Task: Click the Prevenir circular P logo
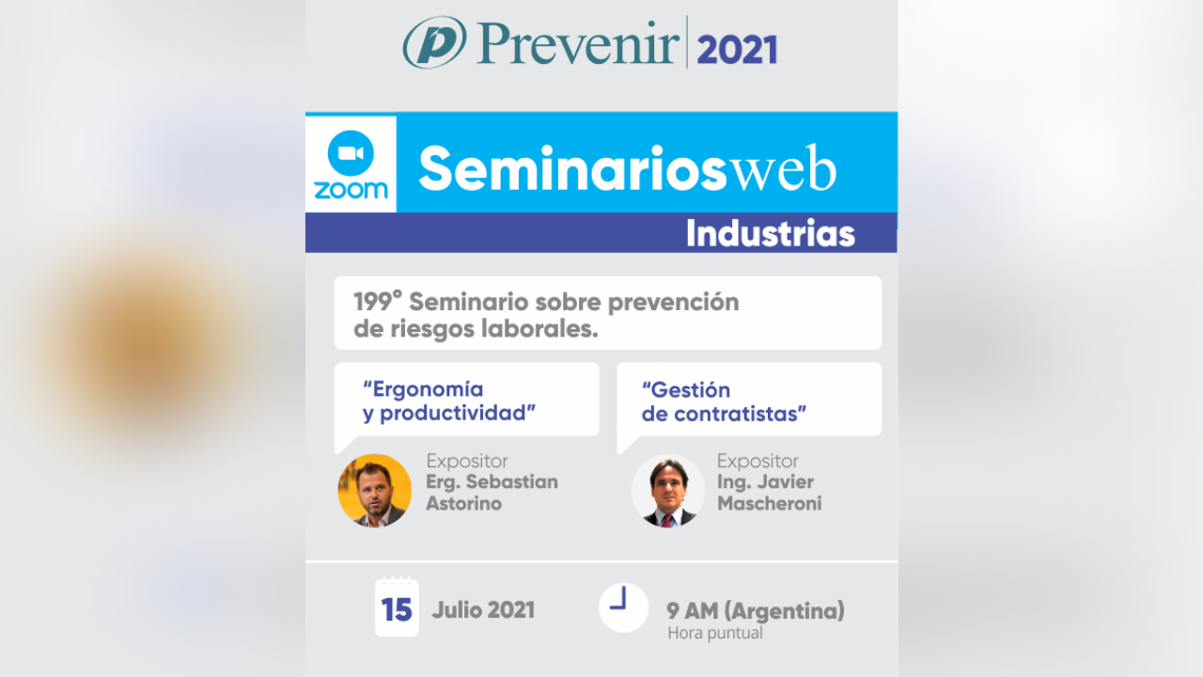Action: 433,42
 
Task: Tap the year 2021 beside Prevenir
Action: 737,47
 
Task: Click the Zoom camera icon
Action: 351,152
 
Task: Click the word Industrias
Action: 770,233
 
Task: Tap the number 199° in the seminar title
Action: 377,302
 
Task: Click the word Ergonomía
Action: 424,389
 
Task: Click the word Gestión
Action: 686,390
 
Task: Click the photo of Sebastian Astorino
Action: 374,490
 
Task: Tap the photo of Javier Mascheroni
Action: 668,491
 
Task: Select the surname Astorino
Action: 464,503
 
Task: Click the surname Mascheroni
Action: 769,503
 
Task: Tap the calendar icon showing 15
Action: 397,607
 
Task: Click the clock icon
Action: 623,606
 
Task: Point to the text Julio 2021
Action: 483,610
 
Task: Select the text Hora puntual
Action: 714,633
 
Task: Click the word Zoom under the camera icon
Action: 351,190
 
